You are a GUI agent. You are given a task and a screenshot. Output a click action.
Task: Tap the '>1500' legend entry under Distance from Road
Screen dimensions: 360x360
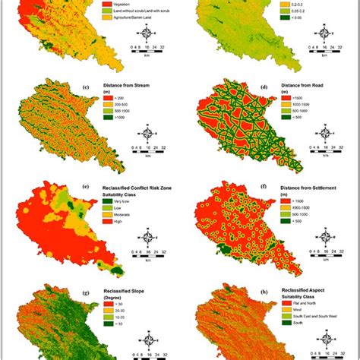289,108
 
